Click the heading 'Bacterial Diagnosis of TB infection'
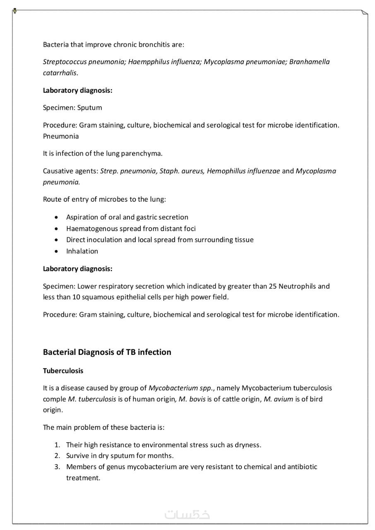pyautogui.click(x=107, y=352)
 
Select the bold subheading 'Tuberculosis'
pyautogui.click(x=63, y=371)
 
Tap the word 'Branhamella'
pyautogui.click(x=309, y=62)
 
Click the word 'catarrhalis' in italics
pyautogui.click(x=60, y=73)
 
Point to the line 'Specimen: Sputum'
pyautogui.click(x=72, y=108)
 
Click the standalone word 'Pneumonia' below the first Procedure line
pyautogui.click(x=61, y=136)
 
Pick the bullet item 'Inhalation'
pyautogui.click(x=82, y=251)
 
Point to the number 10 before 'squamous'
pyautogui.click(x=76, y=297)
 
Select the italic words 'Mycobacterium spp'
pyautogui.click(x=180, y=388)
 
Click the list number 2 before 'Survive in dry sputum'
pyautogui.click(x=58, y=456)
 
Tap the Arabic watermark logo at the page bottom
pyautogui.click(x=187, y=515)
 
